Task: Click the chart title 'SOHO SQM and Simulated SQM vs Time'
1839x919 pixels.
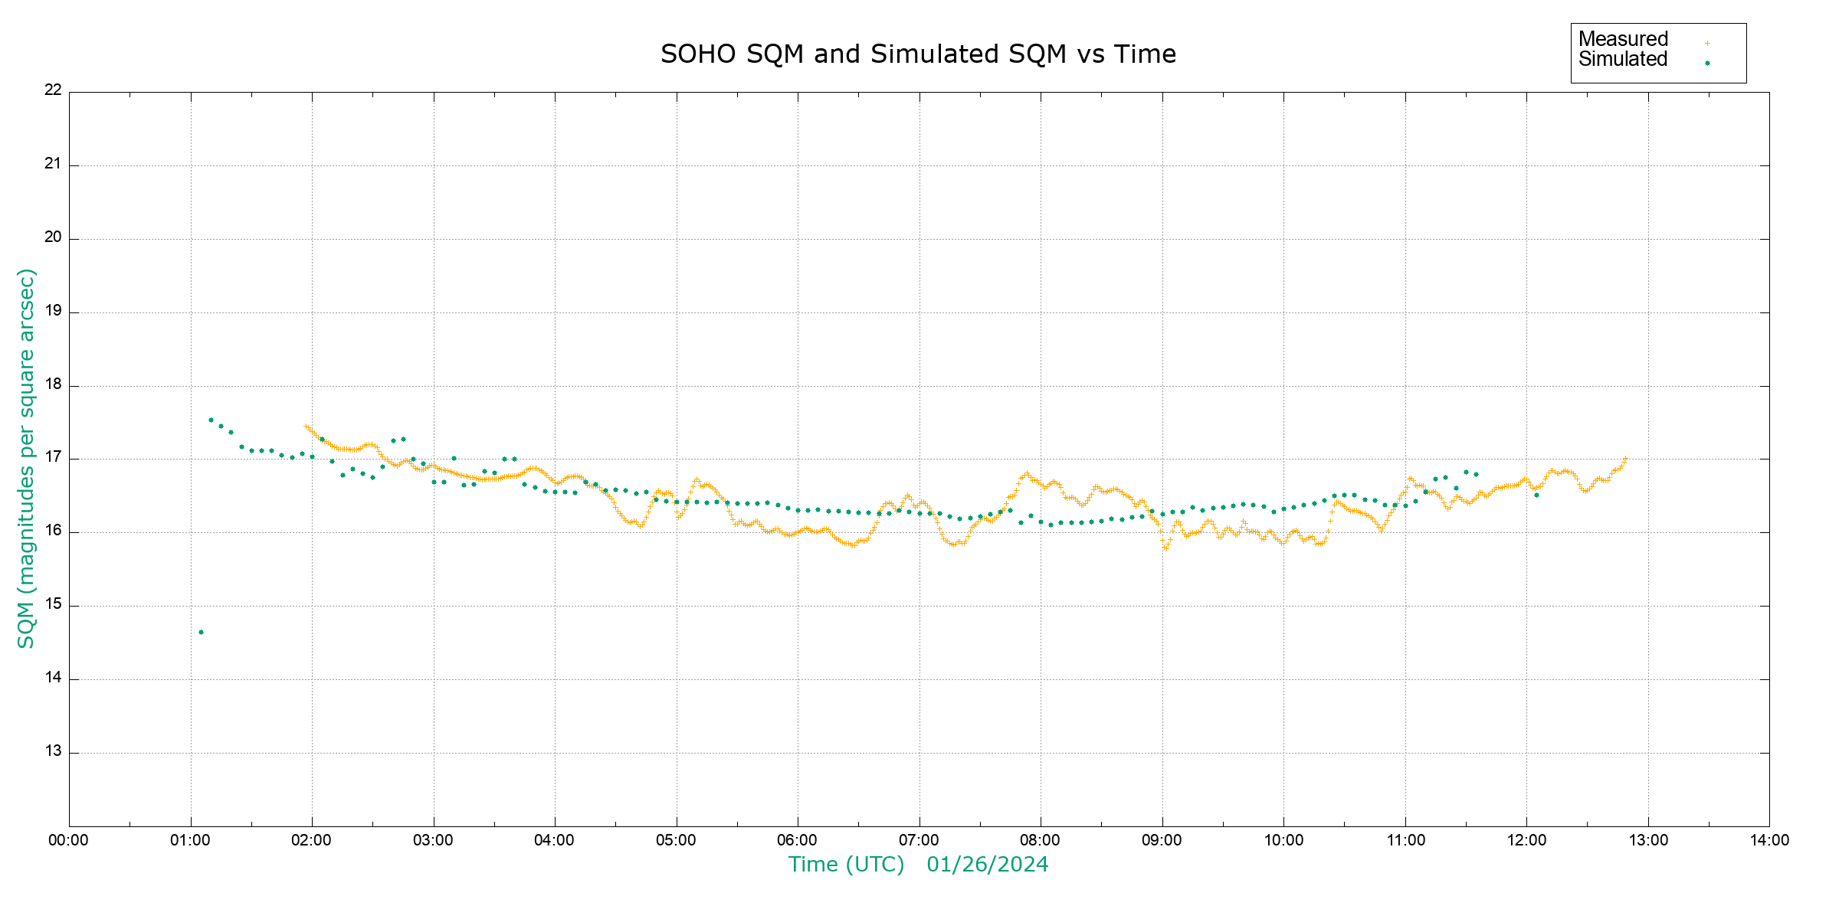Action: [918, 54]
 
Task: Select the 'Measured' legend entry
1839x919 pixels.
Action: [1623, 39]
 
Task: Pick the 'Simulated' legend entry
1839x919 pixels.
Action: [1623, 60]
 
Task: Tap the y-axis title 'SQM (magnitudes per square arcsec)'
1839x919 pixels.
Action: [26, 458]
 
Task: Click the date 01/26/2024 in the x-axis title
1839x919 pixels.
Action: [987, 865]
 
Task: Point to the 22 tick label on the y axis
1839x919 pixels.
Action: [53, 90]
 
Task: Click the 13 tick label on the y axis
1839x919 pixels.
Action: [53, 751]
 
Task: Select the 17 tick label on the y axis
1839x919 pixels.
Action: [53, 458]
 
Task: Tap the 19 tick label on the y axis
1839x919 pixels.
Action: [53, 311]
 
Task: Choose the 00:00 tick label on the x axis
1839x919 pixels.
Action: [69, 840]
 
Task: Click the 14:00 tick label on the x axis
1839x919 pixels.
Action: [1769, 840]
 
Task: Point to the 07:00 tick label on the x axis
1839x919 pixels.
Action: [919, 840]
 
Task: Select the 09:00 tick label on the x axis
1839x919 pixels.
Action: [1162, 840]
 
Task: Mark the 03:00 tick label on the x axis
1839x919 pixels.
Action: [433, 840]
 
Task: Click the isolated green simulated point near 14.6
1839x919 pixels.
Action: [201, 632]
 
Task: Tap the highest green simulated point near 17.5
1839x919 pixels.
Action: [211, 420]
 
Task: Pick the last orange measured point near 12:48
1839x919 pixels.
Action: [1624, 459]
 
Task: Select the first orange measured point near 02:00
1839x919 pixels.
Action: [306, 427]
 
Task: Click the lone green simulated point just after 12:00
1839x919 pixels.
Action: [1536, 495]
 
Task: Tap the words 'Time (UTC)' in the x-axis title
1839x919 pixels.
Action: [846, 865]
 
